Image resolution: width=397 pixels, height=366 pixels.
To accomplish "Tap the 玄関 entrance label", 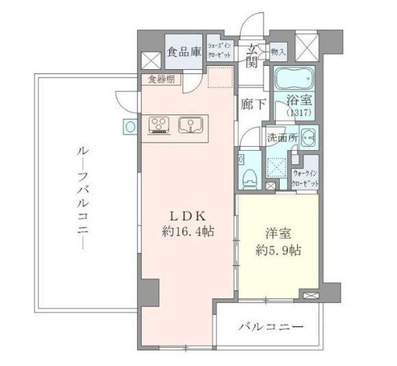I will (253, 56).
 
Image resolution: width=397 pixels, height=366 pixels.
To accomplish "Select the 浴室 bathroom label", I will (298, 100).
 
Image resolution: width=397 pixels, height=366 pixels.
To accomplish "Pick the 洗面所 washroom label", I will (281, 137).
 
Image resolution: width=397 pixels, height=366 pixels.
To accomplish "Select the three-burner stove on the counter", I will (160, 125).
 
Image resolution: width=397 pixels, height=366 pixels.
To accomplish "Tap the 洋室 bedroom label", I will (278, 232).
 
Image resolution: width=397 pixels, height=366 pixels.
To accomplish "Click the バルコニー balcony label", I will (271, 327).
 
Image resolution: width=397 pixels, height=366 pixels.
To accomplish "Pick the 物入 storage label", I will (278, 51).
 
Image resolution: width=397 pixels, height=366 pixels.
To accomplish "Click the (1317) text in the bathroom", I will (298, 112).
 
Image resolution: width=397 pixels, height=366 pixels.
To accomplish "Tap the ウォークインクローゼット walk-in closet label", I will (305, 179).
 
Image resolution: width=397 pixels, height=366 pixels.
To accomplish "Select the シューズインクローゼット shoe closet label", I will (223, 49).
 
